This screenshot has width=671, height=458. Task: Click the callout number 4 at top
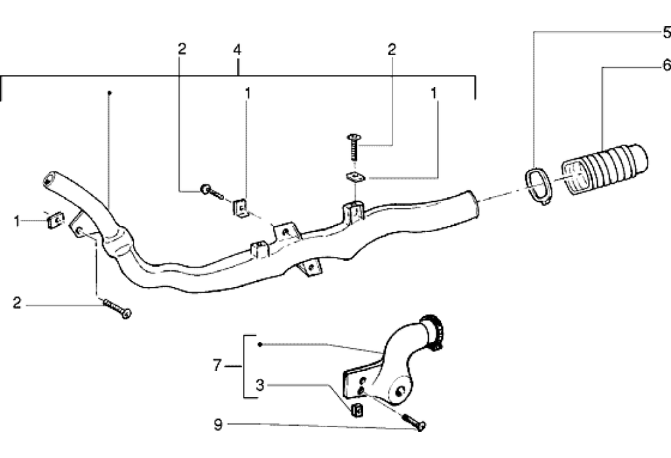point(237,50)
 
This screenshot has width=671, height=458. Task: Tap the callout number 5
point(666,32)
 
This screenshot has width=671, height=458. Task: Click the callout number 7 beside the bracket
point(217,365)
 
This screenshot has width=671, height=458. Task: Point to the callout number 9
point(218,424)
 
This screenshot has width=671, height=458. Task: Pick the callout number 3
point(260,386)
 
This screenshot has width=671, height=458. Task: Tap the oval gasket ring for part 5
point(538,186)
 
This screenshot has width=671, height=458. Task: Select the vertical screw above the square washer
point(354,148)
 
